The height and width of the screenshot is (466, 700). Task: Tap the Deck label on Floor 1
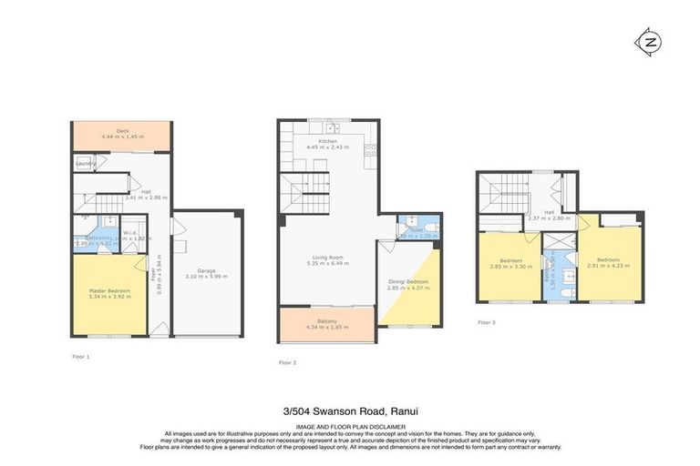pyautogui.click(x=121, y=131)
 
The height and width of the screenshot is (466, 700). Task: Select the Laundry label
pyautogui.click(x=85, y=164)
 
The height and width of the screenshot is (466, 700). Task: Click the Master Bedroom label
pyautogui.click(x=109, y=291)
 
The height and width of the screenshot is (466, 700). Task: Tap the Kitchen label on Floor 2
pyautogui.click(x=327, y=141)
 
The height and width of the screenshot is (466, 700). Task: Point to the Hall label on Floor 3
pyautogui.click(x=549, y=211)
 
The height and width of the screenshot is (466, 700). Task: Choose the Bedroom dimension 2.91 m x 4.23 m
pyautogui.click(x=611, y=267)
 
